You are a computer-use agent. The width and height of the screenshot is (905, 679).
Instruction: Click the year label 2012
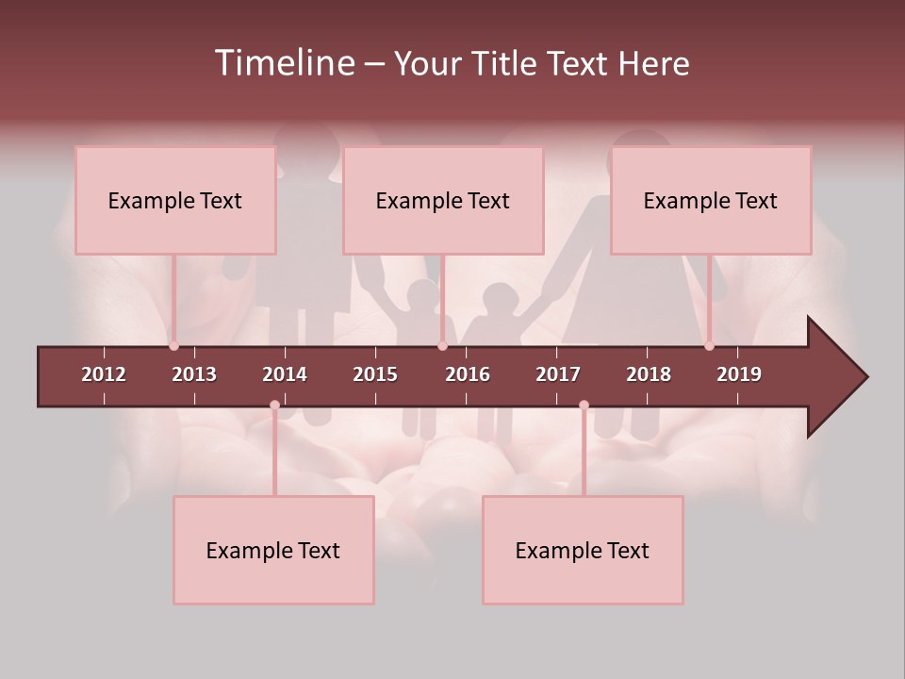104,374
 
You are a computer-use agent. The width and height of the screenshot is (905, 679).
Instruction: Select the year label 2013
194,374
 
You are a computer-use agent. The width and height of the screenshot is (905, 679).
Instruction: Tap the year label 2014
285,374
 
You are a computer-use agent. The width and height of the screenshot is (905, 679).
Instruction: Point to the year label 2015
375,374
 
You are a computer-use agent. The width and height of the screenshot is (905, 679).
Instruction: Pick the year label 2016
468,374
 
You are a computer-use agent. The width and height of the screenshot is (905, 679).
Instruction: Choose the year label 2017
558,374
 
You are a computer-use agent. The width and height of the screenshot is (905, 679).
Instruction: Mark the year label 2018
649,374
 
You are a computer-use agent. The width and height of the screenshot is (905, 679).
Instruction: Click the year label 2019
739,374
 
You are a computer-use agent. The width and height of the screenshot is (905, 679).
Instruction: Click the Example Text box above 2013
175,200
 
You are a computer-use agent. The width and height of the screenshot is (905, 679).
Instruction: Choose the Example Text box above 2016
443,200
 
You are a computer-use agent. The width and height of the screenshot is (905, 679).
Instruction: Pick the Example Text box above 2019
711,200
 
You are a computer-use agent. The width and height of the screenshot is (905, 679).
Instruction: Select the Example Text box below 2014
273,550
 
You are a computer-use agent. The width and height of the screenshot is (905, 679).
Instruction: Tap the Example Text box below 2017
583,550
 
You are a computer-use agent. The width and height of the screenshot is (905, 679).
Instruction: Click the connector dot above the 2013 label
174,346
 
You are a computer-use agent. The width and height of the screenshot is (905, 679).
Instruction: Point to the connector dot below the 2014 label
274,406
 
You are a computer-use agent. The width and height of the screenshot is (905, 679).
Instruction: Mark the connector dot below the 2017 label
584,406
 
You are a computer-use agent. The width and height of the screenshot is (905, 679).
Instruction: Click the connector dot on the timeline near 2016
442,346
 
